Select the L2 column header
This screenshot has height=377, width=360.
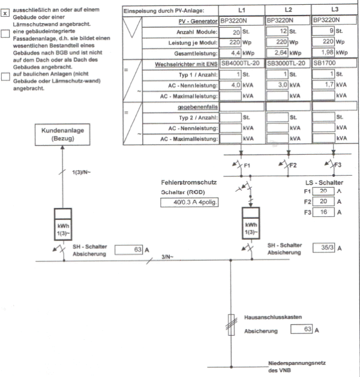pos(288,10)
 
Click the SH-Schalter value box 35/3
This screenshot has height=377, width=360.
pos(326,246)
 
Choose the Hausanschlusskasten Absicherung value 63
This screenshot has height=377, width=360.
pos(301,328)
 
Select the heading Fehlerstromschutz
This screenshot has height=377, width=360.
pos(189,182)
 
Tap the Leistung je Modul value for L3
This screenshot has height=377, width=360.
pos(324,42)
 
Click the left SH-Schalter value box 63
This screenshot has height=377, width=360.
pos(127,249)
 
